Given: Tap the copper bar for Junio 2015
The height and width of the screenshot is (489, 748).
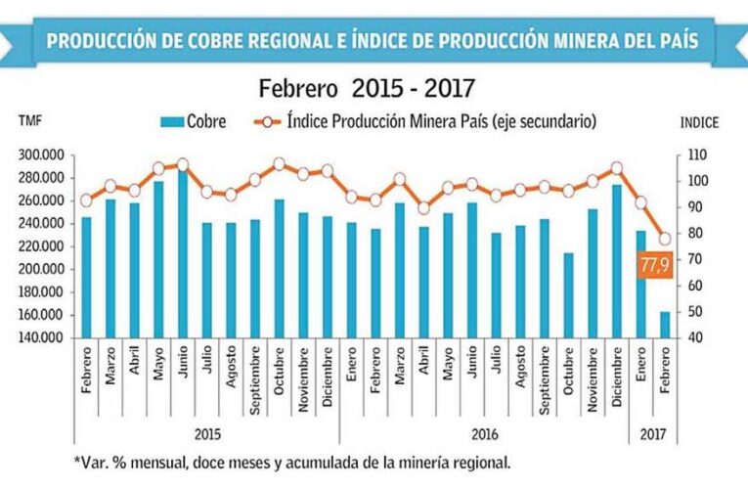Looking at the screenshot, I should point(182,254).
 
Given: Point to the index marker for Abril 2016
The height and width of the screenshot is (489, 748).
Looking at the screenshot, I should point(423,207).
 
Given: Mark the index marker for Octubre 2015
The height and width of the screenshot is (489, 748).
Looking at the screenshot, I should point(279,164).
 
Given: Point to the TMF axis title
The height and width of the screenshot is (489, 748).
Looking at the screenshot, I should point(30,122).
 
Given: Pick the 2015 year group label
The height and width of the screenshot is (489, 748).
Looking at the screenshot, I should point(205,432).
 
